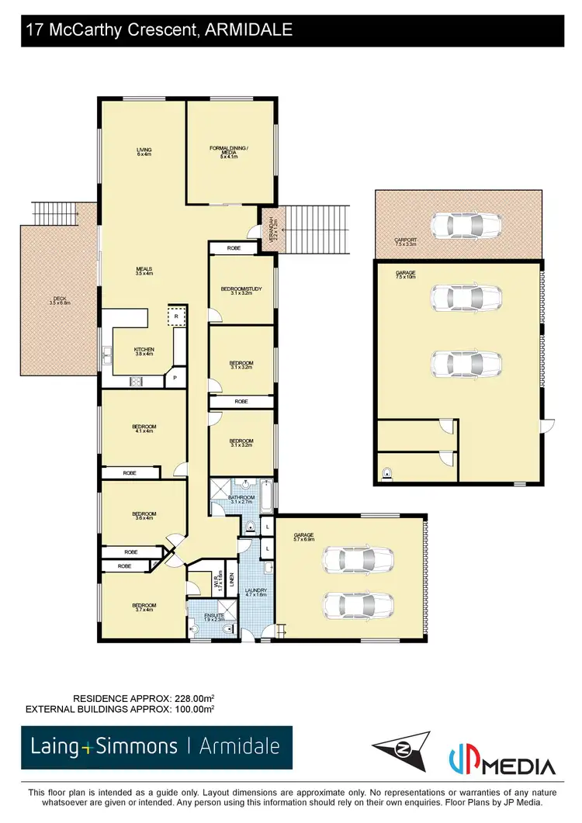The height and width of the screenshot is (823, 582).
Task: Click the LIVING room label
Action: [x=144, y=151]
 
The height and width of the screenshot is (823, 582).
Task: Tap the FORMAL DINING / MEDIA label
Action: [x=229, y=150]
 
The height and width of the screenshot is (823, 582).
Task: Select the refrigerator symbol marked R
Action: [x=177, y=317]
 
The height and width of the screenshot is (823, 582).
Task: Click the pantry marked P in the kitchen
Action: [x=175, y=378]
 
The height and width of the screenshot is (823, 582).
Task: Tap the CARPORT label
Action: [x=404, y=242]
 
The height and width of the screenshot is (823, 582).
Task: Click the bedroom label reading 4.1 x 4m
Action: [x=144, y=429]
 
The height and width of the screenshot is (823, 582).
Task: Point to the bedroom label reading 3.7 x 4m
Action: [x=144, y=607]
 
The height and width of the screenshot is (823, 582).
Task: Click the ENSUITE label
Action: [x=214, y=618]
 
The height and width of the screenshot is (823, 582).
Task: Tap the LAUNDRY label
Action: [x=256, y=593]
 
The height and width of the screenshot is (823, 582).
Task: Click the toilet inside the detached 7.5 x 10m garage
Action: [x=386, y=472]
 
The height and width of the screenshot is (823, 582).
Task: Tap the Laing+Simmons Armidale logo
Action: [x=156, y=747]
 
